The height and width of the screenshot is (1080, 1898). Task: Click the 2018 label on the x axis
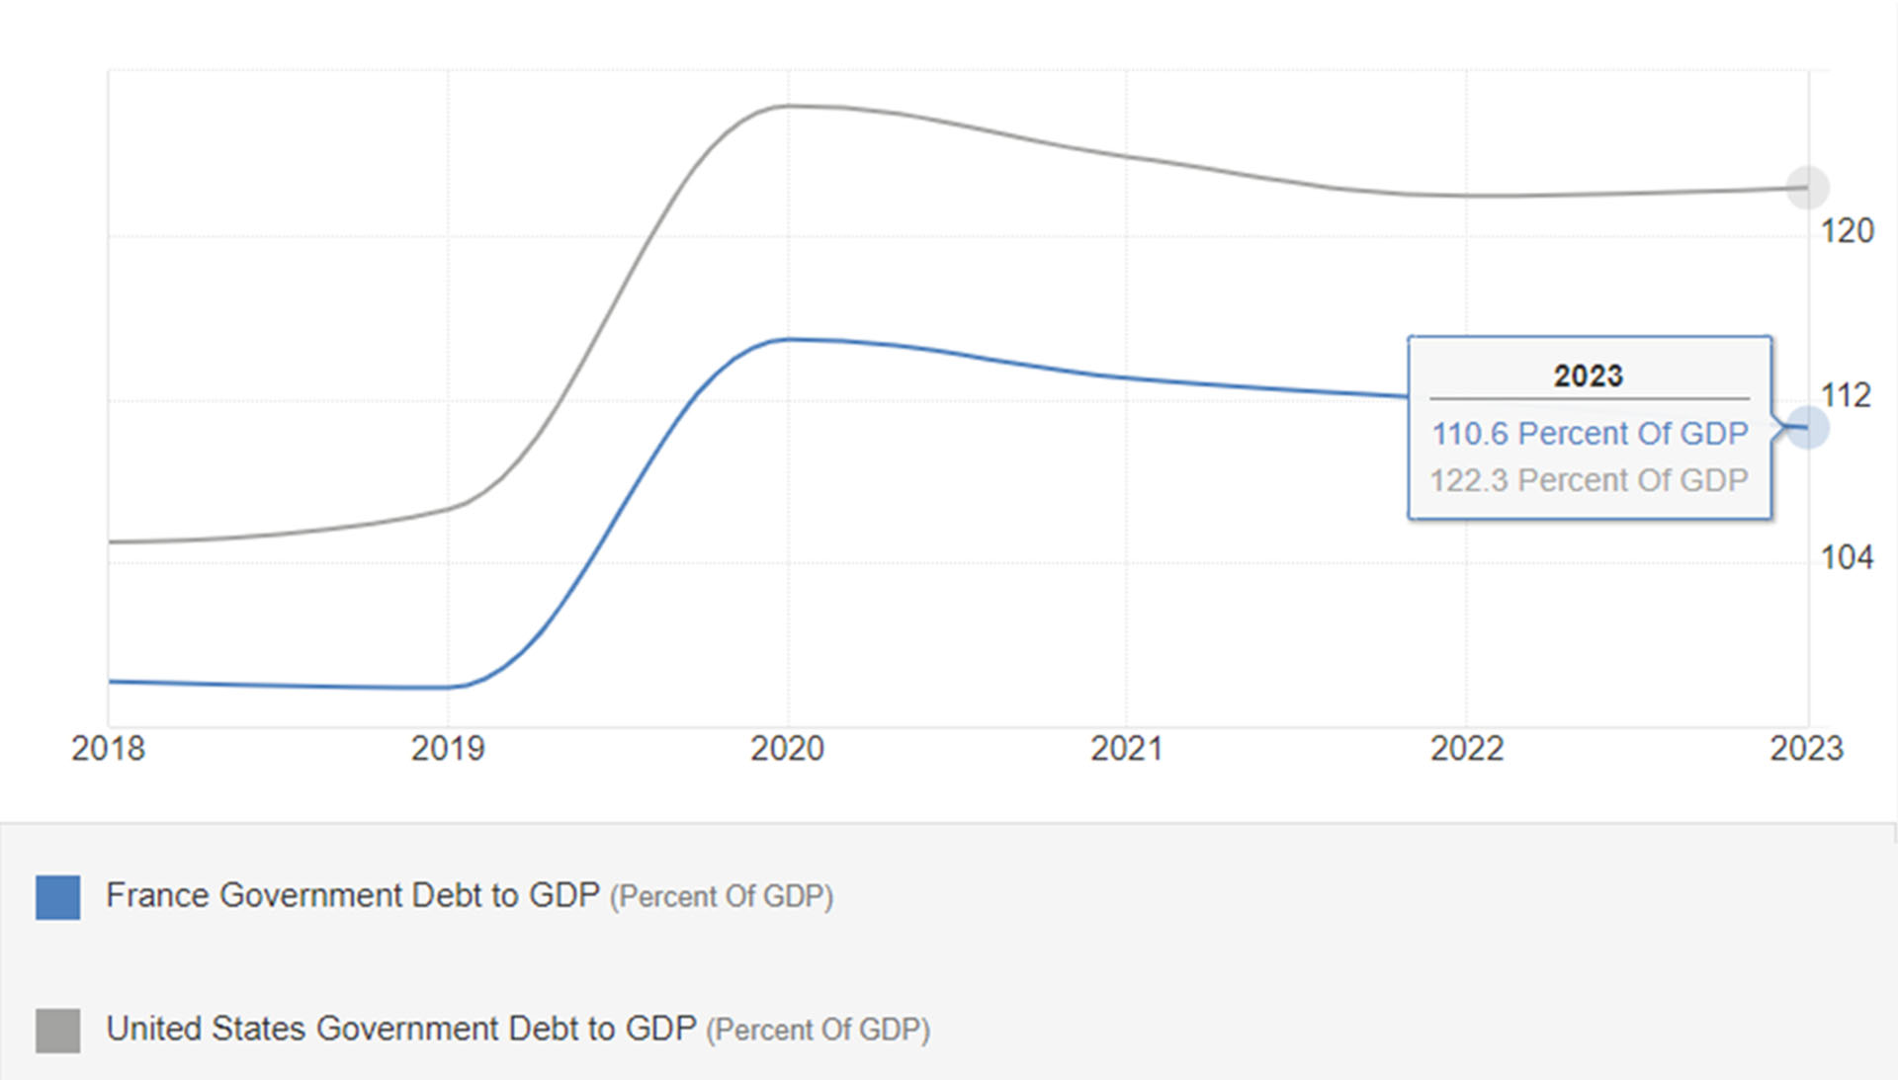click(108, 749)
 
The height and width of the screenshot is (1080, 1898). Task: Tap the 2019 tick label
click(448, 749)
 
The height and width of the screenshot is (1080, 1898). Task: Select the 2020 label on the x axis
click(787, 749)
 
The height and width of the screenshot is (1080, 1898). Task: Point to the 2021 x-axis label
click(1127, 749)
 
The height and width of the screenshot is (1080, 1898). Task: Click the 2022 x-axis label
click(1467, 749)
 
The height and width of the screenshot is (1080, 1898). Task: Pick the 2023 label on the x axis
click(1806, 749)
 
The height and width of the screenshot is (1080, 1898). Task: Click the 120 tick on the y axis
click(1847, 231)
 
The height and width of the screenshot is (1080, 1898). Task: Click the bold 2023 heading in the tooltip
click(1589, 376)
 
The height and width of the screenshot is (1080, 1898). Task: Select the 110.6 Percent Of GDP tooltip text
click(1590, 434)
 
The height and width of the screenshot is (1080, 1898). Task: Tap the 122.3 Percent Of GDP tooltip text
click(1590, 480)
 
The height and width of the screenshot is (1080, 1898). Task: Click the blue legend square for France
click(58, 897)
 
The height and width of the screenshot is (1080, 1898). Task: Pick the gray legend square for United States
click(58, 1031)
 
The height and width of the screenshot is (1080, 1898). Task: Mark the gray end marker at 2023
click(1807, 188)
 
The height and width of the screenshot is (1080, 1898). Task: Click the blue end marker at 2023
click(1807, 428)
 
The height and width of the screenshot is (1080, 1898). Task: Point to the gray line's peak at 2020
click(789, 106)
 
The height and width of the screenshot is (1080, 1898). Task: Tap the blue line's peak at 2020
click(789, 340)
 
